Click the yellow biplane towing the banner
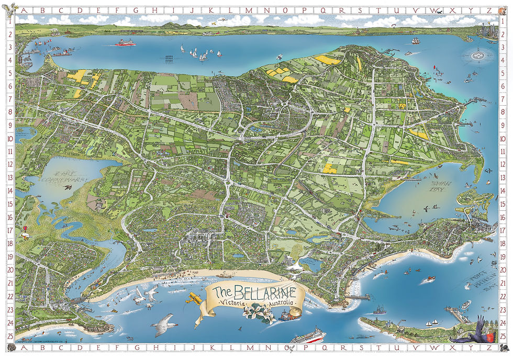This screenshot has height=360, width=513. pyautogui.click(x=195, y=299)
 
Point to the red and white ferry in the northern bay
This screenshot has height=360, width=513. pyautogui.click(x=125, y=43)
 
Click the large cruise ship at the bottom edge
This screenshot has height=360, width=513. pyautogui.click(x=308, y=335)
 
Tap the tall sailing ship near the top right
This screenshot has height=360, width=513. pyautogui.click(x=415, y=40)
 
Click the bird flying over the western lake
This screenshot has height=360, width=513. pyautogui.click(x=67, y=186)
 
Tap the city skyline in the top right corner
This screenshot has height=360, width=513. pyautogui.click(x=487, y=30)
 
